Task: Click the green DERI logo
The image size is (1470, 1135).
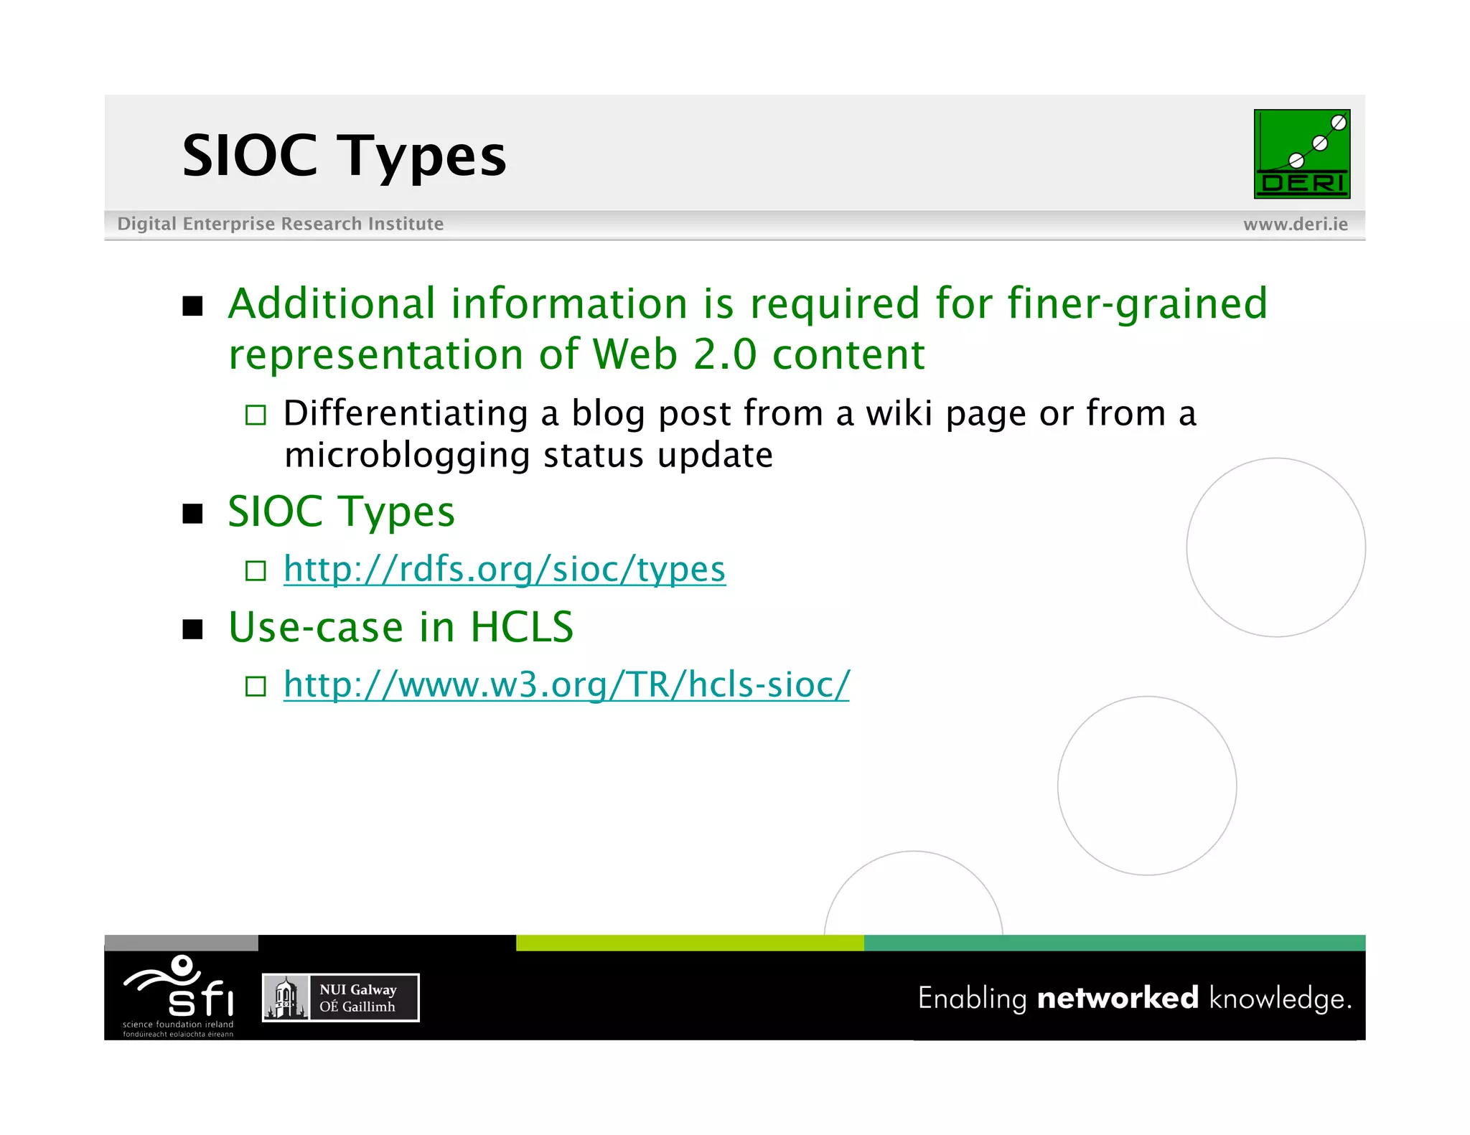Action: [x=1301, y=154]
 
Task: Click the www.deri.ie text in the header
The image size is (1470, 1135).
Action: [x=1295, y=224]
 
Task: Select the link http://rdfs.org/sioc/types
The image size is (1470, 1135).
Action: [x=504, y=569]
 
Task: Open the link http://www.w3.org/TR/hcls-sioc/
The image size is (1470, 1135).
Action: [x=566, y=684]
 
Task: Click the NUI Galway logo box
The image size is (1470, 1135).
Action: [x=340, y=997]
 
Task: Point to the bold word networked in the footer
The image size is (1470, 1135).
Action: [x=1117, y=998]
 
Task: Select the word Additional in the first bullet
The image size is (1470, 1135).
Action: [x=332, y=303]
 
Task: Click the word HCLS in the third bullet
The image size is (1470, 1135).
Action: [x=522, y=627]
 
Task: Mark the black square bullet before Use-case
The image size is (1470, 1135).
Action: [x=192, y=629]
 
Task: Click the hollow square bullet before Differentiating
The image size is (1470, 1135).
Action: [x=256, y=415]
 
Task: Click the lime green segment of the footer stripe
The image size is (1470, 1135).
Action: [x=689, y=943]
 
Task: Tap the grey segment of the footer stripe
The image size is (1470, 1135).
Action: [x=181, y=943]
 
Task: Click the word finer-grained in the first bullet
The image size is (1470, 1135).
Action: [x=1137, y=303]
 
